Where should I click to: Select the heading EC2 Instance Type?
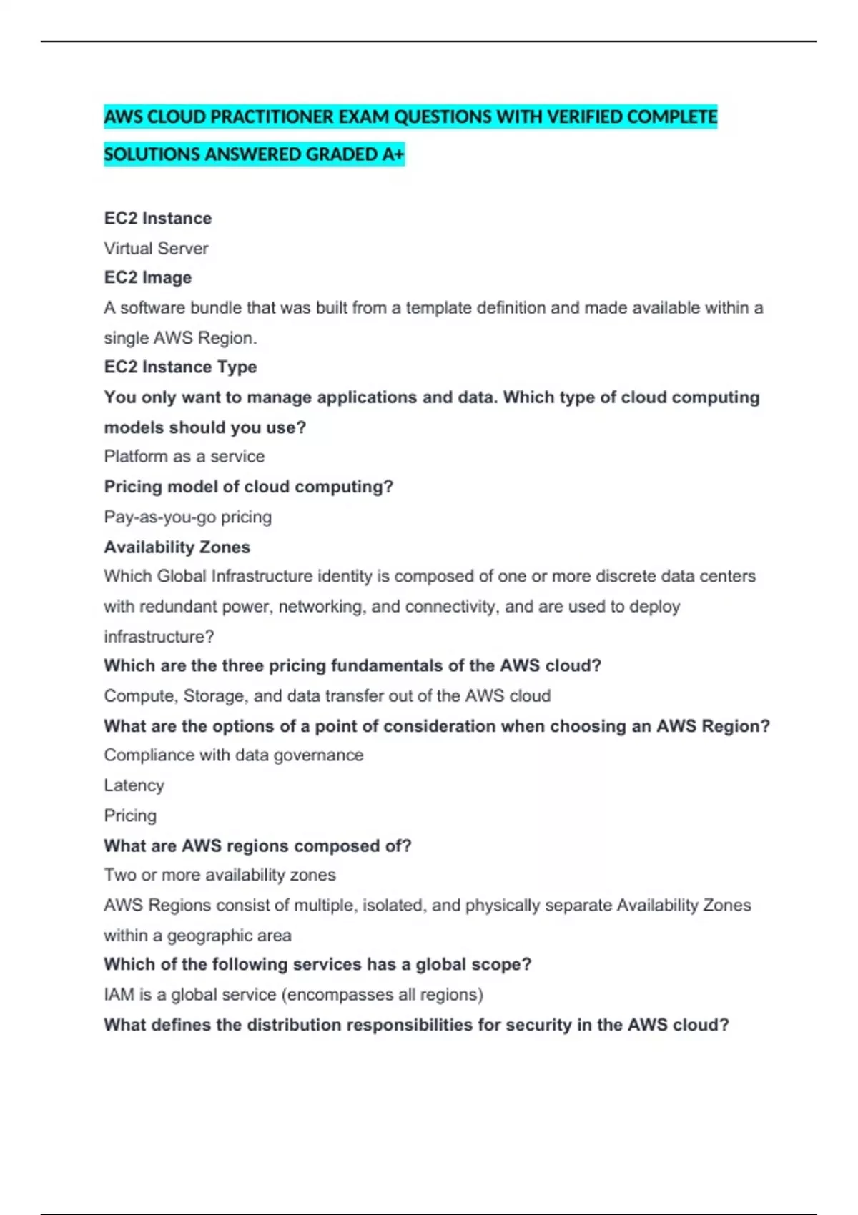tap(180, 367)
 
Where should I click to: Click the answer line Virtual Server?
tap(156, 249)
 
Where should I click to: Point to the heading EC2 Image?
tap(148, 278)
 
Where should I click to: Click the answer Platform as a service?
tap(184, 457)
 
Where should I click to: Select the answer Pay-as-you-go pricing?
tap(187, 517)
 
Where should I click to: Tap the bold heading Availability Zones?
tap(177, 547)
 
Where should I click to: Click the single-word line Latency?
tap(134, 785)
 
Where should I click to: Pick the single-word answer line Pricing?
tap(130, 815)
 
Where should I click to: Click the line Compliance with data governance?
tap(233, 755)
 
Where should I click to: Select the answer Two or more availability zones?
tap(220, 875)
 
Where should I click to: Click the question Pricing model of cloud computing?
tap(248, 487)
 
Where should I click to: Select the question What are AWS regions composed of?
tap(257, 846)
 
